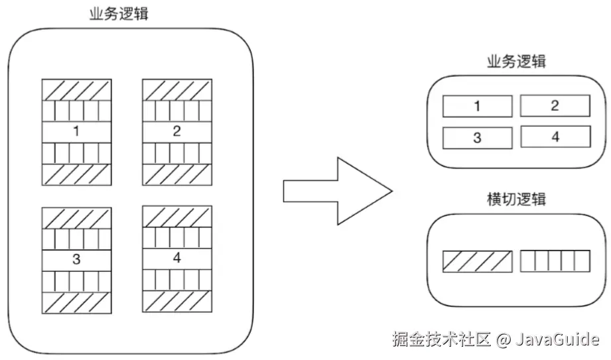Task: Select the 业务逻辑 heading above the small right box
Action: pos(516,62)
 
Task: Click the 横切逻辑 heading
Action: pos(516,198)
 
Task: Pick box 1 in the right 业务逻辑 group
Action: pos(477,106)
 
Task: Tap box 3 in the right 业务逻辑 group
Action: pos(477,137)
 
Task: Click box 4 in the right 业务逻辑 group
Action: pos(555,137)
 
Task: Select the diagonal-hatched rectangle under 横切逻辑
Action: pos(477,261)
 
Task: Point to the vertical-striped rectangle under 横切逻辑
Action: pos(555,261)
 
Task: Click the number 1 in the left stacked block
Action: pos(76,131)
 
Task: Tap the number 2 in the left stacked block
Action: pos(177,131)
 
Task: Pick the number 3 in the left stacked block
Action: pos(76,259)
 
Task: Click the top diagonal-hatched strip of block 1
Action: pos(76,90)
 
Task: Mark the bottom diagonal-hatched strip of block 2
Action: pos(177,174)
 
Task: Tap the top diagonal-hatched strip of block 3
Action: pos(76,218)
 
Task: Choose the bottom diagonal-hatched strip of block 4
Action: pos(177,302)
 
